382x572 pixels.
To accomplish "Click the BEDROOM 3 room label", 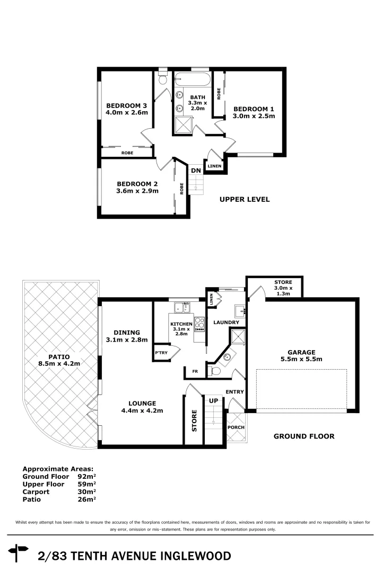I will click(x=126, y=105).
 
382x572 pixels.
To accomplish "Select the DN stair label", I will click(x=196, y=171).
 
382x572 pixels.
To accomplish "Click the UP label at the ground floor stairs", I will click(x=214, y=401).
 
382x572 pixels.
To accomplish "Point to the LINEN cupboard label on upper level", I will click(x=214, y=166).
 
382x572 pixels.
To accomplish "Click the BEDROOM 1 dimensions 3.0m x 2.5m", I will click(x=254, y=116).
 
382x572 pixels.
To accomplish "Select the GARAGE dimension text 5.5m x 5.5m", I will click(x=301, y=360).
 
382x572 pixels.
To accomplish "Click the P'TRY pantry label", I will click(x=161, y=353).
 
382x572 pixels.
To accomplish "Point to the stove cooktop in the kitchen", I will click(x=200, y=324).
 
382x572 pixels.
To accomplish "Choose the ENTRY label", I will click(x=235, y=392).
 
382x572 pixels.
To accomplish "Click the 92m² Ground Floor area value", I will click(x=86, y=477).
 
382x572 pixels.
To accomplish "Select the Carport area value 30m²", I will click(x=86, y=491).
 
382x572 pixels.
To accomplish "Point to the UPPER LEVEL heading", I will click(x=245, y=200).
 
